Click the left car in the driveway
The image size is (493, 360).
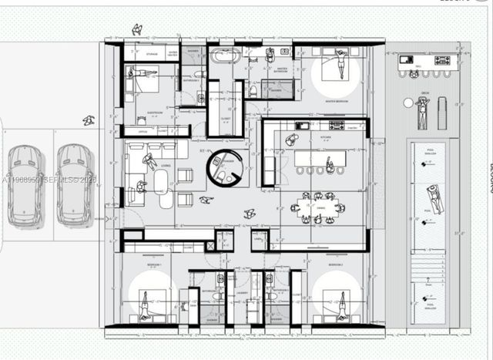(x=25, y=183)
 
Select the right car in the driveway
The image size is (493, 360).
(x=74, y=183)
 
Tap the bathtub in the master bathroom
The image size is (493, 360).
(x=225, y=56)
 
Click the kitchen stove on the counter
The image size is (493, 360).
(x=337, y=125)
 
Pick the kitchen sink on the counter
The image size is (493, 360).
(x=303, y=125)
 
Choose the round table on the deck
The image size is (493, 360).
(x=408, y=103)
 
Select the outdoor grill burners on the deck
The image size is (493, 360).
(x=442, y=60)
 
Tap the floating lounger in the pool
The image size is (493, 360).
(x=434, y=198)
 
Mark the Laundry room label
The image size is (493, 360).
(x=243, y=294)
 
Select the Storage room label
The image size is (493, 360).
(x=151, y=55)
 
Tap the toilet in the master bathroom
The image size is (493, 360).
(x=253, y=91)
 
